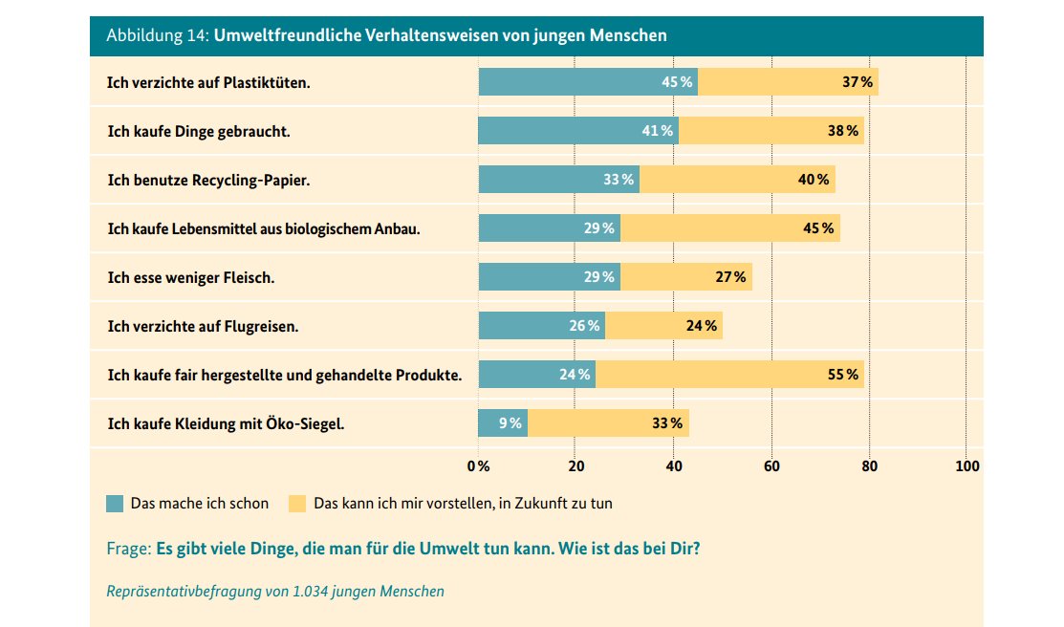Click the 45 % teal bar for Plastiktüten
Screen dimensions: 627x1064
(587, 81)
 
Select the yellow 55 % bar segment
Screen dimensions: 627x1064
(728, 374)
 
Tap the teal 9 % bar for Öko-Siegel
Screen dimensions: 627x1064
(502, 422)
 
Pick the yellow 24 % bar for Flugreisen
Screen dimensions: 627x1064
(663, 325)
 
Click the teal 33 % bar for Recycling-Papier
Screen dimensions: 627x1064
(558, 179)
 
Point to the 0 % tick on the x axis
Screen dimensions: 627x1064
(478, 466)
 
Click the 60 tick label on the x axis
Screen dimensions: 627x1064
(771, 466)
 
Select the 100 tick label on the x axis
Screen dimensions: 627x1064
(966, 466)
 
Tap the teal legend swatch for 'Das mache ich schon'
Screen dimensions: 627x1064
(115, 503)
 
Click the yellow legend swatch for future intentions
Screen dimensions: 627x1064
(297, 503)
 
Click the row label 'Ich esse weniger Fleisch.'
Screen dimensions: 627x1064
(191, 277)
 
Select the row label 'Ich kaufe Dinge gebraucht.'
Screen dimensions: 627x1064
(198, 131)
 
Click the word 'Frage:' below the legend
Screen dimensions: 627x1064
(128, 551)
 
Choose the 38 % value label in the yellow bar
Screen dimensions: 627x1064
(842, 131)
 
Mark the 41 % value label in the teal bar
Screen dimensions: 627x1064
(657, 131)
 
